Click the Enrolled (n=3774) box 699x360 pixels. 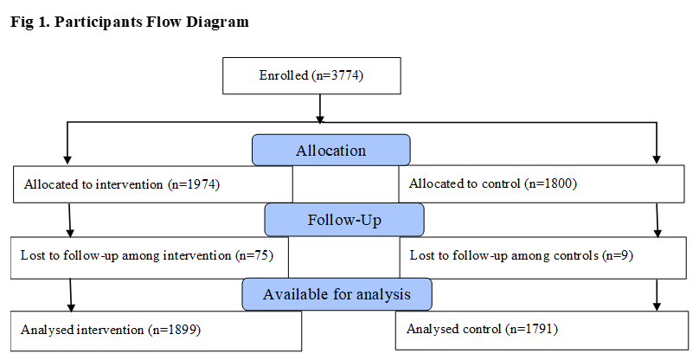click(x=311, y=75)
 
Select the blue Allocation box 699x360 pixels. click(x=330, y=151)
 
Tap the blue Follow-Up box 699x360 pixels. click(x=344, y=220)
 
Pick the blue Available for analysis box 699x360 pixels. click(x=337, y=294)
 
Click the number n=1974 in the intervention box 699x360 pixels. click(x=194, y=184)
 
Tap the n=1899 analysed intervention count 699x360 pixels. click(x=176, y=330)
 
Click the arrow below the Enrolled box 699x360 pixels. click(x=320, y=108)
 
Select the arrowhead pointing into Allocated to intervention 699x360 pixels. click(x=67, y=160)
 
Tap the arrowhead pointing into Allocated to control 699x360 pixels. click(x=657, y=159)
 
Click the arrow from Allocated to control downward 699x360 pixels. click(x=657, y=220)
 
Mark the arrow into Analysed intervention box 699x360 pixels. click(x=71, y=295)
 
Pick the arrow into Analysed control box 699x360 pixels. click(x=657, y=295)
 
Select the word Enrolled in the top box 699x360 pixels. click(x=284, y=75)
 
